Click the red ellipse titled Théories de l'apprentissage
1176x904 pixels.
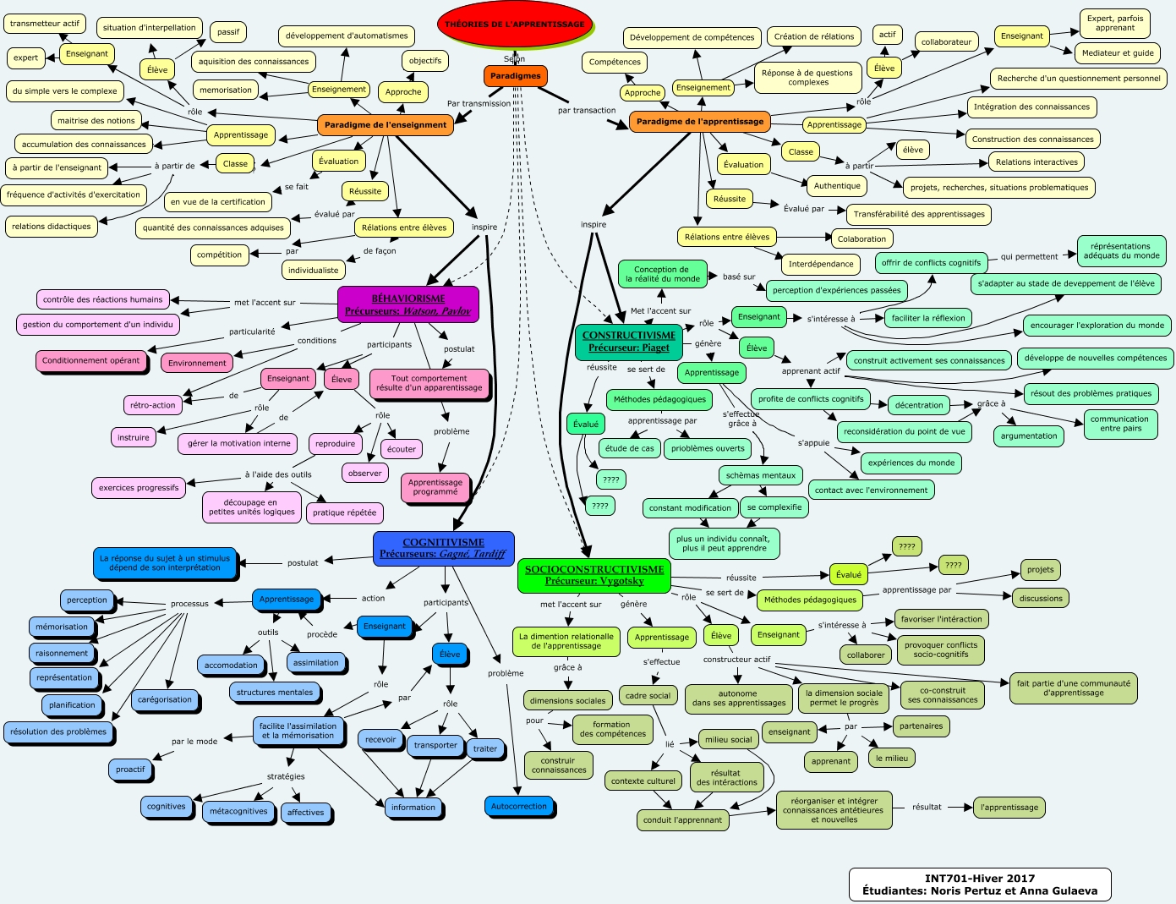click(514, 25)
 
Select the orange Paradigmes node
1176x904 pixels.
click(515, 76)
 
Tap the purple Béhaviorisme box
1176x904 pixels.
click(407, 304)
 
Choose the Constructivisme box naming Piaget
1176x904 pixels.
click(629, 341)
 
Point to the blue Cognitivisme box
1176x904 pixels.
click(443, 548)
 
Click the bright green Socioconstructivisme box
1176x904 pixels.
click(594, 575)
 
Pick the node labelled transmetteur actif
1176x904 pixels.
click(45, 24)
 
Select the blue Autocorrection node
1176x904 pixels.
click(519, 806)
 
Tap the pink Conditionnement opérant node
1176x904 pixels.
click(91, 360)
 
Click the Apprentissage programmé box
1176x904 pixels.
click(435, 487)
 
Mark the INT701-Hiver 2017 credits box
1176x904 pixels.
click(979, 885)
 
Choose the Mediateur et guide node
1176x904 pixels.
click(1118, 53)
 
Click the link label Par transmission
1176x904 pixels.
click(479, 104)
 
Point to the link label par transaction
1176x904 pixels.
click(587, 111)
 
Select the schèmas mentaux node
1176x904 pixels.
click(761, 475)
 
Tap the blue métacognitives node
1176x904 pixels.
click(238, 811)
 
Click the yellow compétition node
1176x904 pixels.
click(219, 255)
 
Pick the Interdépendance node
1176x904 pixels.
click(821, 264)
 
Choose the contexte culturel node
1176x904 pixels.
click(643, 781)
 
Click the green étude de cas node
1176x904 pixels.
click(629, 448)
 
